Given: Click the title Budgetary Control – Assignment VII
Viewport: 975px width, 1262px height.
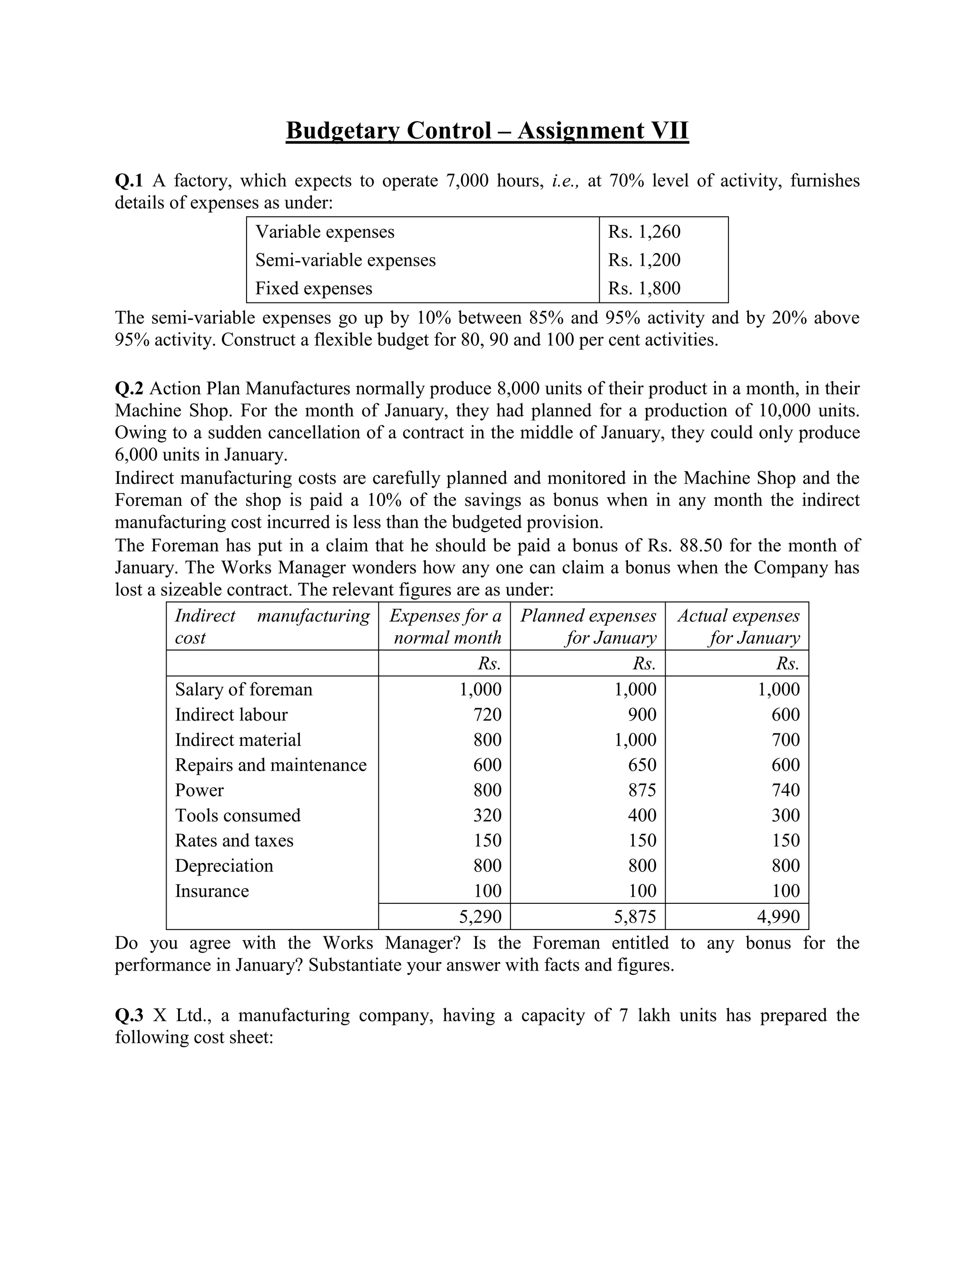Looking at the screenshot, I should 487,130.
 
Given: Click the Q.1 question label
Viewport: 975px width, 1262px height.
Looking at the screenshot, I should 129,181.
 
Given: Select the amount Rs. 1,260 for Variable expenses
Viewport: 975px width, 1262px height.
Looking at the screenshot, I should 644,232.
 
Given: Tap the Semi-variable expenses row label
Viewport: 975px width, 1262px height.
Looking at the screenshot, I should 346,260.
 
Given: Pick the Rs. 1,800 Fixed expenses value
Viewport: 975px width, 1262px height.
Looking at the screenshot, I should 644,288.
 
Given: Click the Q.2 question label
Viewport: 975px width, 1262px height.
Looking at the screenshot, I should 129,388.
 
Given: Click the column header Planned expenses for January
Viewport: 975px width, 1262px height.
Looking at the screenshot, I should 588,626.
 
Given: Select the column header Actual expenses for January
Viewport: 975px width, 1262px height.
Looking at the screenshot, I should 738,626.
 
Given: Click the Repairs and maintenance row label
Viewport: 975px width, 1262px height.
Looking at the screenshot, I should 270,765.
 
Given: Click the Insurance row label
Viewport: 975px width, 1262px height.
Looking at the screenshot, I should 211,891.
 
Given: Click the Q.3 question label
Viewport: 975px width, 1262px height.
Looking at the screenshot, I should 129,1016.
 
